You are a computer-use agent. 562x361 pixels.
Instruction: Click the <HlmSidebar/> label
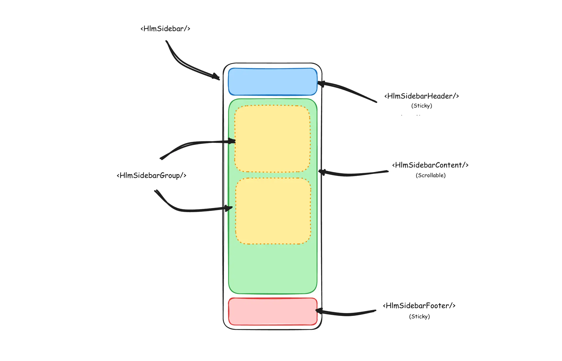pos(165,29)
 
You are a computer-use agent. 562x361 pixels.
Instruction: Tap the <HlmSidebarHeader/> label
pos(421,96)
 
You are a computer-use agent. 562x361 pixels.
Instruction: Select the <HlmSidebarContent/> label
pos(430,165)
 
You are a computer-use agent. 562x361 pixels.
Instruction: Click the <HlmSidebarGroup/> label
pos(152,176)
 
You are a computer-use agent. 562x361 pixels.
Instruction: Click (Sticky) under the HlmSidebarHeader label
pos(421,106)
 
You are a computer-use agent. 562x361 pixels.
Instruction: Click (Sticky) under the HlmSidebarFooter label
pos(419,317)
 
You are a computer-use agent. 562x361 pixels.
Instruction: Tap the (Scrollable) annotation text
pos(431,176)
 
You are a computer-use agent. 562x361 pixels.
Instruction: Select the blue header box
pos(273,82)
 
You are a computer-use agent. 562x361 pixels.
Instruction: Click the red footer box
pos(273,312)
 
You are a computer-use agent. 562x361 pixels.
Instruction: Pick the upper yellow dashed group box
pos(272,139)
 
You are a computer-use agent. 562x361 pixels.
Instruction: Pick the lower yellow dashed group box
pos(273,211)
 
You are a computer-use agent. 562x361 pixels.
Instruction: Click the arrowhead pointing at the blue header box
pos(321,84)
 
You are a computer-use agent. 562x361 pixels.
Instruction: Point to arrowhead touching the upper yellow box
pos(232,141)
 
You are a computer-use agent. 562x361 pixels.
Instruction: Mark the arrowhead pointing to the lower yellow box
pos(229,208)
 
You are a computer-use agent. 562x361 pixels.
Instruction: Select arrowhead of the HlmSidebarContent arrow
pos(322,172)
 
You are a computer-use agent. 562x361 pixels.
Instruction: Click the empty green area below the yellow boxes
pos(273,269)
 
